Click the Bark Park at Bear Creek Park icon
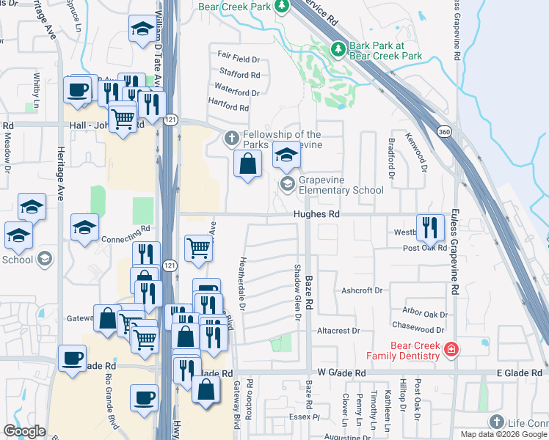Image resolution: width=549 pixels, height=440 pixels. (x=338, y=49)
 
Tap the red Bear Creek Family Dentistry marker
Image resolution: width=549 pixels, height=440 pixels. (x=451, y=351)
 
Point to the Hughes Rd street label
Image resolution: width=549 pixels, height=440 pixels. (x=316, y=215)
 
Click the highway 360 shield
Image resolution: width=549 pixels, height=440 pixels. (x=443, y=131)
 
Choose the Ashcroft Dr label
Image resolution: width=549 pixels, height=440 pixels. (x=362, y=290)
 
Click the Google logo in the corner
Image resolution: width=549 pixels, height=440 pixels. (x=25, y=431)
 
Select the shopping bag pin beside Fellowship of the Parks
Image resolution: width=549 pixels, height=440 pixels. (x=247, y=164)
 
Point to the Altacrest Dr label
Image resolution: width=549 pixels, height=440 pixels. (x=338, y=331)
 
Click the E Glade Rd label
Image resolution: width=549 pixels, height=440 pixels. (x=518, y=373)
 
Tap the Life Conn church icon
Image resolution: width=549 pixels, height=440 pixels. (x=497, y=422)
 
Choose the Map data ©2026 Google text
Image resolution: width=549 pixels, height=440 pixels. (x=503, y=434)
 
